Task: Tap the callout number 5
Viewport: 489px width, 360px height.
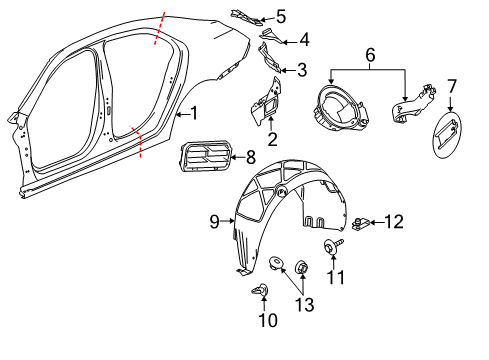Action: (281, 17)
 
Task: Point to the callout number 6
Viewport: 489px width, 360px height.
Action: (371, 57)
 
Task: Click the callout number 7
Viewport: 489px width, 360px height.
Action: (451, 86)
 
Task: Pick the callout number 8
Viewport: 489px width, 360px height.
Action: (251, 156)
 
